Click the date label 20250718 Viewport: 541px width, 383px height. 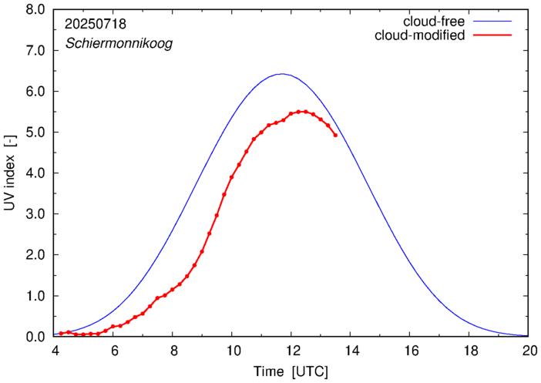click(96, 24)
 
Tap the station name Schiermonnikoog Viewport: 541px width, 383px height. click(119, 43)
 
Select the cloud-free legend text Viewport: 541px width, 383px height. click(434, 22)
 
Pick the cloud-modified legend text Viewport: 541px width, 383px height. click(419, 35)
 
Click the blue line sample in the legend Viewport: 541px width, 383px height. click(492, 22)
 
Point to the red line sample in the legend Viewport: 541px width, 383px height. click(492, 35)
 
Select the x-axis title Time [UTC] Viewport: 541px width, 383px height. click(291, 371)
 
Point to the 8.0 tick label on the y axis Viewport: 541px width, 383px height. click(35, 10)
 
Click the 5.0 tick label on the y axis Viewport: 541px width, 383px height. click(35, 132)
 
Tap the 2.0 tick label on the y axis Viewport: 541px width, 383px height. click(35, 255)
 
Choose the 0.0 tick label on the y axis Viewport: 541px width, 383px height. click(35, 337)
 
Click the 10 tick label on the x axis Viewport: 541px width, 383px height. click(233, 351)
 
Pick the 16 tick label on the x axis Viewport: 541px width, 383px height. click(410, 351)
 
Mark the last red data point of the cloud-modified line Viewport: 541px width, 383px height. click(335, 136)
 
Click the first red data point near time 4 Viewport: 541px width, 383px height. click(61, 334)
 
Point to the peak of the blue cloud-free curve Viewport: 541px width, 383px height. click(282, 73)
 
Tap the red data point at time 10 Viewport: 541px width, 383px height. click(231, 177)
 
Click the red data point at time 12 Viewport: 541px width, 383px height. click(291, 113)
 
